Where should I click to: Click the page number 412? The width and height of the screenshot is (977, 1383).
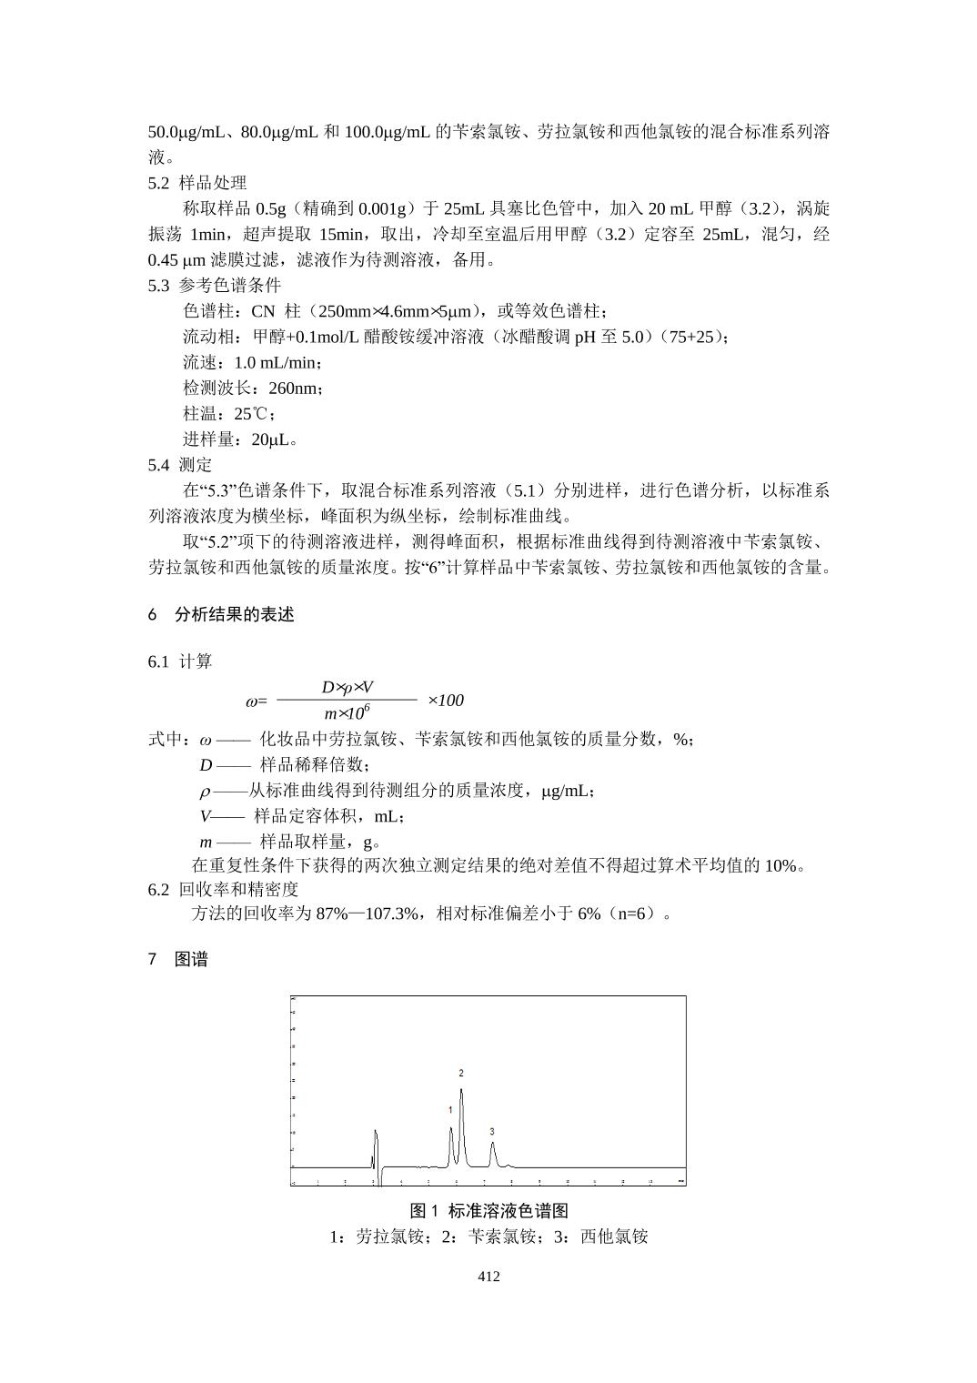488,1277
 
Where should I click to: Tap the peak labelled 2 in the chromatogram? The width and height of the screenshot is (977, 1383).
461,1092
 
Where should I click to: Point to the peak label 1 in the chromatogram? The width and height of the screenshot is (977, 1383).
450,1110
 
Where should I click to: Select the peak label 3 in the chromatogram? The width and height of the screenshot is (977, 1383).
492,1132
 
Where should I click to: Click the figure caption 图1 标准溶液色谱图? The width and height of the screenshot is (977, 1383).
488,1211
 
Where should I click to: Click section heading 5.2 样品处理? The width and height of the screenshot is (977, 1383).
196,183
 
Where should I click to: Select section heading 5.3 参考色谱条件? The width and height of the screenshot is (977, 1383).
215,285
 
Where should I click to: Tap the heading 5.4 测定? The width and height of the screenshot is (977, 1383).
180,465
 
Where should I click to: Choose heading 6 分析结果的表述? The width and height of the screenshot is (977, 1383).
221,614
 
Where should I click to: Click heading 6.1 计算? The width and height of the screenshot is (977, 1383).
180,661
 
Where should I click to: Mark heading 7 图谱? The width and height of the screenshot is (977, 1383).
178,959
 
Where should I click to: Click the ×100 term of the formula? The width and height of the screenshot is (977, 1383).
445,700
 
